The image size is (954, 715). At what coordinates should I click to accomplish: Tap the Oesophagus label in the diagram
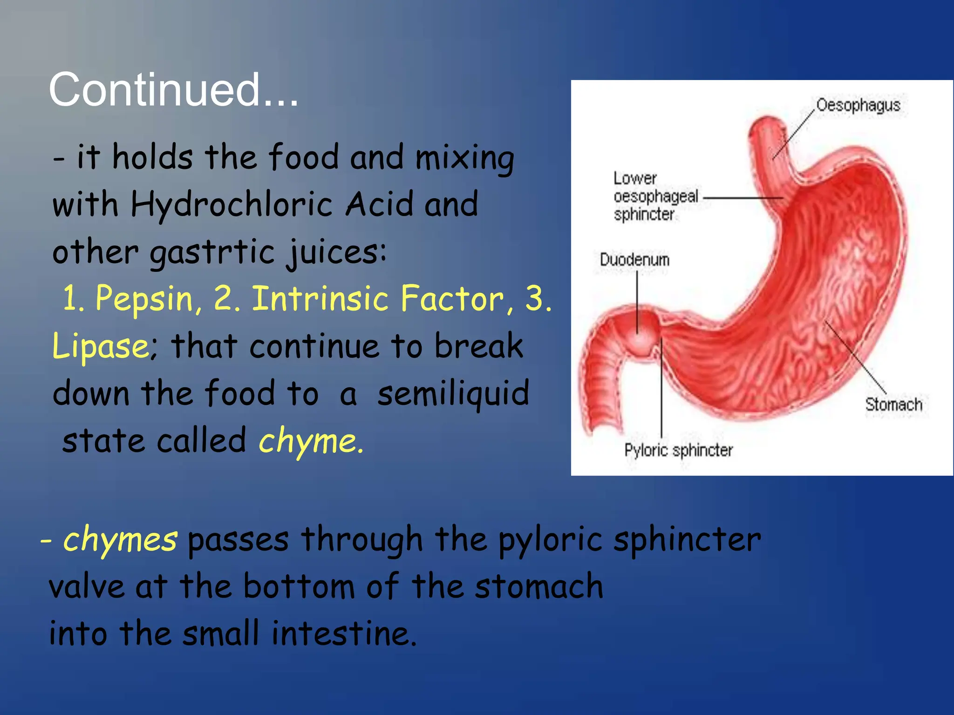coord(858,105)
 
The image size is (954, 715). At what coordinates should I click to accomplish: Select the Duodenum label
coord(634,260)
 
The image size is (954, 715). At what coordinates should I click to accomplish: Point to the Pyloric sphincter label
coord(678,450)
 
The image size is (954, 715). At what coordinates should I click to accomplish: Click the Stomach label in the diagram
coord(893,404)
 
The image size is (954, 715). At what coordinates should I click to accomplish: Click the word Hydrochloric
coord(232,205)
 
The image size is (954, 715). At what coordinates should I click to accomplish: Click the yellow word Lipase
coord(105,346)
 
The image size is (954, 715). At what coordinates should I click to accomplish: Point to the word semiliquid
coord(453,393)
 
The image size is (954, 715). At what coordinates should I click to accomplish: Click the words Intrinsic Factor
coord(378,299)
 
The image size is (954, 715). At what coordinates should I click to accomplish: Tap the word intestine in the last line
coord(343,634)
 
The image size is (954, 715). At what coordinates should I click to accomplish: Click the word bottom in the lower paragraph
coord(299,587)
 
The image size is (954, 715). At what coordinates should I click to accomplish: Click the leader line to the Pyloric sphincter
coord(661,391)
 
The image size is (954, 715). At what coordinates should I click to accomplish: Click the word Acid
coord(379,205)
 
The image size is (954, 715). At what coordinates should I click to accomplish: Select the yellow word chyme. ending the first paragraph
coord(311,441)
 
